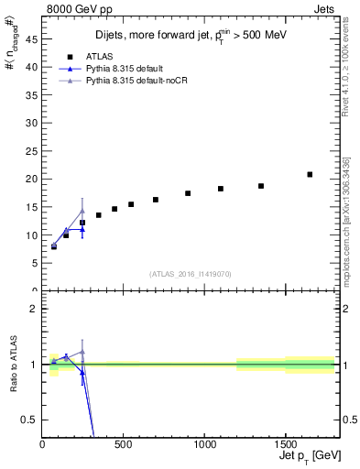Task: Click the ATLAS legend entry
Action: click(97, 56)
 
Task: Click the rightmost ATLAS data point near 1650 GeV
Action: click(310, 174)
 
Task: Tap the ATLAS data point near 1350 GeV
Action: click(261, 186)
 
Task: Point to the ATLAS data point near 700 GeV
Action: click(156, 200)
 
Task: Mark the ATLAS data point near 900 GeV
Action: click(188, 193)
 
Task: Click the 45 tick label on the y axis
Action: click(31, 39)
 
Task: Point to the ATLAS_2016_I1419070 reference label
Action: click(190, 274)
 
